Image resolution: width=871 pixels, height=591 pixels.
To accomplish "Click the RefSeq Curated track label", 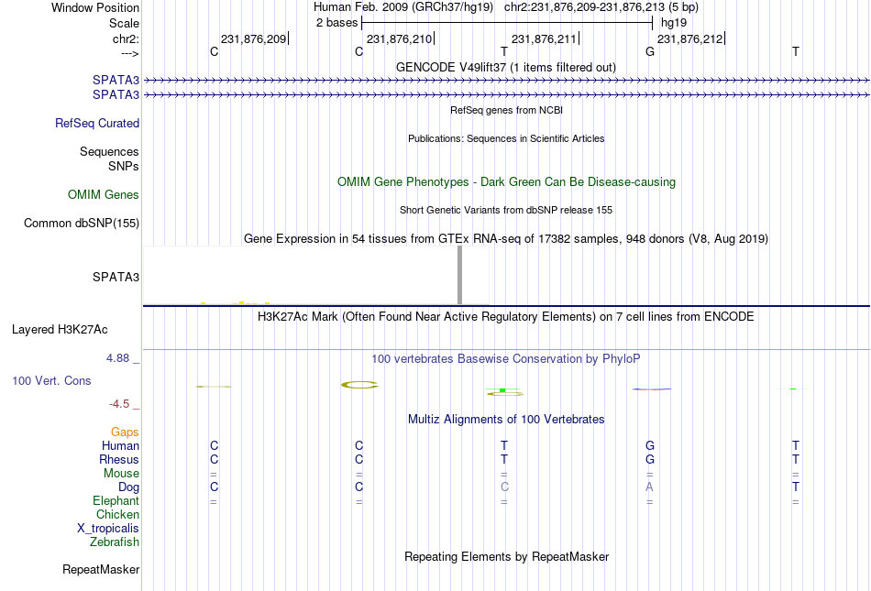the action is tap(97, 123).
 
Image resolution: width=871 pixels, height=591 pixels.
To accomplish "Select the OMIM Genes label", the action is tap(104, 195).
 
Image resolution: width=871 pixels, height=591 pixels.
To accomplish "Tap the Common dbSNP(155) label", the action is tap(82, 223).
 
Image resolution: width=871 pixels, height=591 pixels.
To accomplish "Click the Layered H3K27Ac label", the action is tap(60, 330).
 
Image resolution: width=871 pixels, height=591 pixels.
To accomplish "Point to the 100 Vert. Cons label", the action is tap(51, 380).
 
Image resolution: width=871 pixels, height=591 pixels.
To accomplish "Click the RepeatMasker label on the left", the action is tap(101, 569).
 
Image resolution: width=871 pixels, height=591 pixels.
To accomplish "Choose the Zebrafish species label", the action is tap(115, 542).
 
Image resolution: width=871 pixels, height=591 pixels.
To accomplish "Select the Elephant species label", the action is tap(116, 501).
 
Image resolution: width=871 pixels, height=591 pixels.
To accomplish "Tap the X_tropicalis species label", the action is tap(108, 529).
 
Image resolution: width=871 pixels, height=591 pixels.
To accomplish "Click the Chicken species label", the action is tap(117, 514).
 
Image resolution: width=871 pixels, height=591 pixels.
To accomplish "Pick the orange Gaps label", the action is tap(125, 432).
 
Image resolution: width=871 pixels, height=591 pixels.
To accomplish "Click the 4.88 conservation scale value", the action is tap(117, 358).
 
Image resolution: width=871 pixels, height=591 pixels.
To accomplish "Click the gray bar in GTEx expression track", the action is tap(459, 275).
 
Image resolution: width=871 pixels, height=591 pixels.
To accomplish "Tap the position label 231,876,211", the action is tap(544, 38).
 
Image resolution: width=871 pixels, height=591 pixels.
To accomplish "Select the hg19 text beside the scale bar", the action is tap(674, 23).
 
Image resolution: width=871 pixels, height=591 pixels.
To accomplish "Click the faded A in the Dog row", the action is tap(649, 487).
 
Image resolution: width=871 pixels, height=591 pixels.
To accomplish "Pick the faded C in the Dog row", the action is tap(504, 487).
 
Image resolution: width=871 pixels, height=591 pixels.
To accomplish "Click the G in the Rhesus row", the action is tap(650, 459).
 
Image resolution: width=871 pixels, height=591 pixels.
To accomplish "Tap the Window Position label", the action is tap(95, 7).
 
